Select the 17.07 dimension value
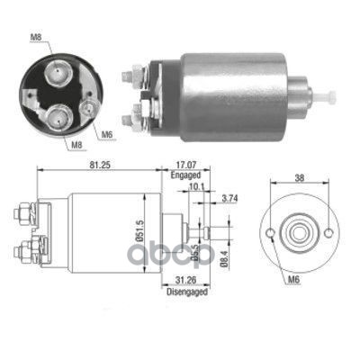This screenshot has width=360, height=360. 185,165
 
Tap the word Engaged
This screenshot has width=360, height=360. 185,175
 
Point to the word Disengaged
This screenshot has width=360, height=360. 187,292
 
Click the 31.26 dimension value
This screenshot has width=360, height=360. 185,280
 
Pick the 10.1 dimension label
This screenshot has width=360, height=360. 196,187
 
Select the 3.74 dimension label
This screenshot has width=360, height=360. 229,198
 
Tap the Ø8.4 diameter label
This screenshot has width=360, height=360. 223,257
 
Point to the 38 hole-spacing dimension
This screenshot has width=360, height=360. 300,178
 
